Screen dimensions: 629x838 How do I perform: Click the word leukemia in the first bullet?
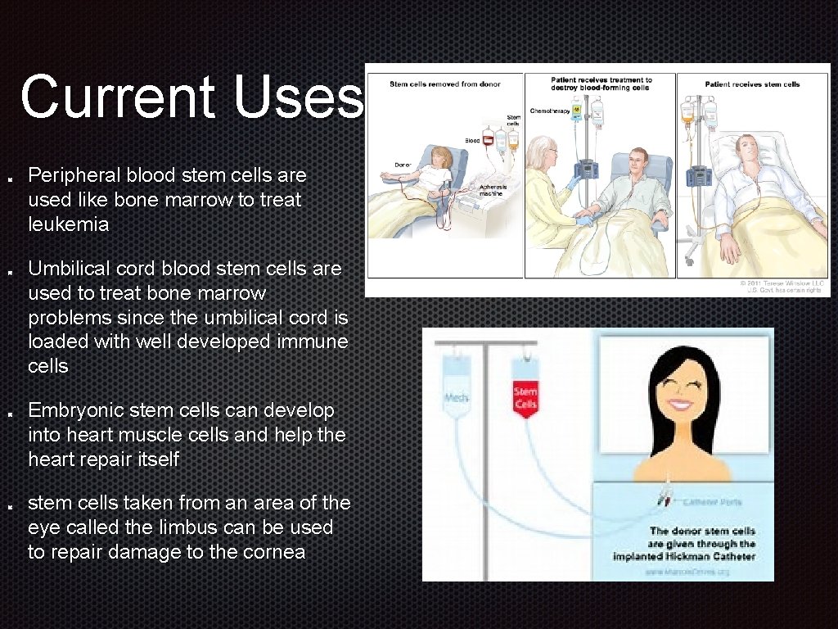[68, 224]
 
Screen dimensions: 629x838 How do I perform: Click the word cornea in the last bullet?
[274, 552]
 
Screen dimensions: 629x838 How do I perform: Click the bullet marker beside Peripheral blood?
[8, 176]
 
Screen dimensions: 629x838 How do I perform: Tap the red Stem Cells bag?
[525, 398]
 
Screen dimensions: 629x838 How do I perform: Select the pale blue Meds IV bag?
[455, 394]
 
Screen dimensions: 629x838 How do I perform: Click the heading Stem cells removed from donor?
[444, 84]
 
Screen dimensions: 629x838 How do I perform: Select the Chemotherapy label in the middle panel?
[549, 111]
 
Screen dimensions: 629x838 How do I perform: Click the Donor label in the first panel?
[403, 165]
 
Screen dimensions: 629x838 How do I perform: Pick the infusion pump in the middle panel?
[585, 172]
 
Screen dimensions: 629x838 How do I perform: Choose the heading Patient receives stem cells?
[752, 84]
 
